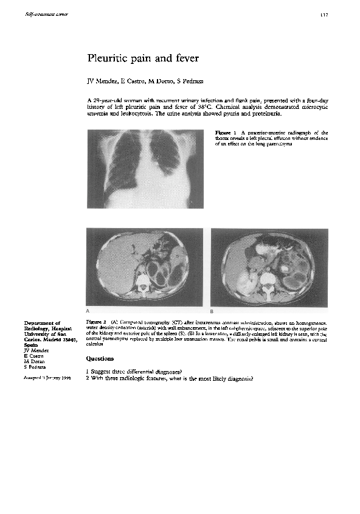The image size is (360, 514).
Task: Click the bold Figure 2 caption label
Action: pos(97,321)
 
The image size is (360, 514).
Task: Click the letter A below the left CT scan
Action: pos(89,310)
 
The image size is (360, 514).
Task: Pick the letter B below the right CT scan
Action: pos(213,310)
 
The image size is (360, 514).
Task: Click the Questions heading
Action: pos(100,359)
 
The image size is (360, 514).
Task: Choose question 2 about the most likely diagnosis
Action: pos(170,378)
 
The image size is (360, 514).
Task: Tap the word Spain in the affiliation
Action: pos(30,344)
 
